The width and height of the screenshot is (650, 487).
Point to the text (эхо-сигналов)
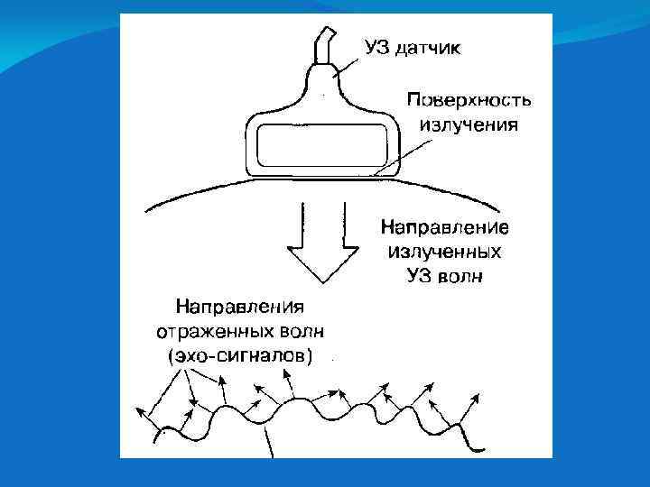pyautogui.click(x=240, y=355)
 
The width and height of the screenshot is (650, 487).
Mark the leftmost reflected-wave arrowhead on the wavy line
pyautogui.click(x=140, y=410)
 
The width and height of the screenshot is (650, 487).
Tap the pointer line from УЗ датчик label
pyautogui.click(x=348, y=63)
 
